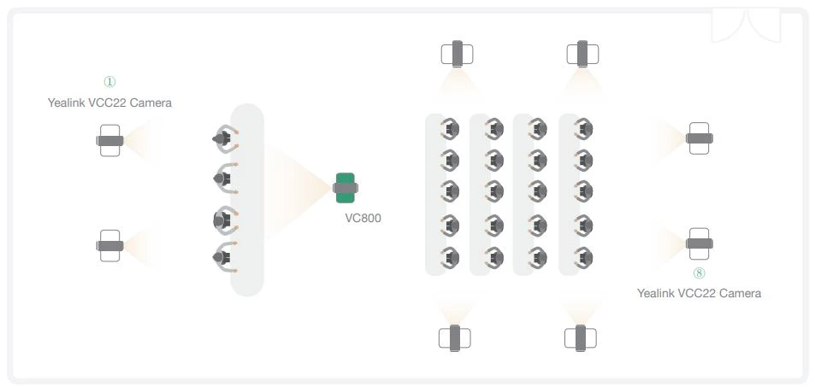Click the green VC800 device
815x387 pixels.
[345, 188]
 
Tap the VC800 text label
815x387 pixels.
[363, 218]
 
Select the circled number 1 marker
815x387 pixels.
[109, 82]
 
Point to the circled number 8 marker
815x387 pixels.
[699, 273]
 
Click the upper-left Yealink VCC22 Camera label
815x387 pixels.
[109, 103]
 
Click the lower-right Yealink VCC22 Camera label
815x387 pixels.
[699, 293]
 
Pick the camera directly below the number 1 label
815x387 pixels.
[109, 140]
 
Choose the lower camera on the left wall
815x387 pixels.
[109, 246]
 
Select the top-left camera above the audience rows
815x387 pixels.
[457, 54]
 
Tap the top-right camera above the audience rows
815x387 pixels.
[582, 54]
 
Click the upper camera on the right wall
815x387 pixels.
[699, 138]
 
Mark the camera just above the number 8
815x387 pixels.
[699, 243]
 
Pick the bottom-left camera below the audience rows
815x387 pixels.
[454, 337]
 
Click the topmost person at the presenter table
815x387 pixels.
[224, 138]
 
